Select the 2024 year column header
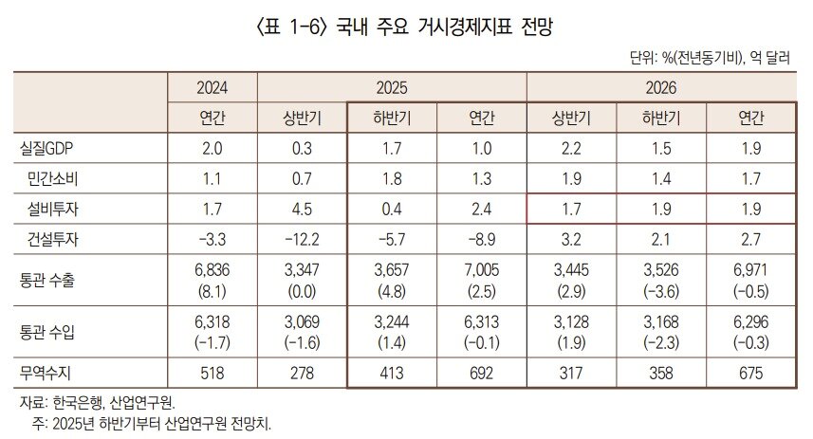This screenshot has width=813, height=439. [x=212, y=88]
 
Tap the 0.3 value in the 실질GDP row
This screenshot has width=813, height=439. [x=302, y=149]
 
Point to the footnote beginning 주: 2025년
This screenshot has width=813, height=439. [x=152, y=422]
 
